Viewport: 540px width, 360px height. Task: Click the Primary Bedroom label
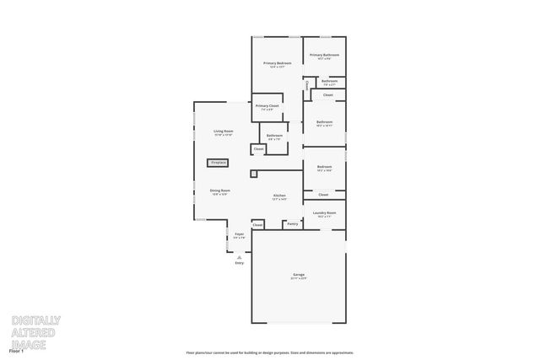coord(278,63)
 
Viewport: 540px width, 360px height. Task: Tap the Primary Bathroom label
coord(324,56)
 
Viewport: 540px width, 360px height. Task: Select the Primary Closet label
coord(267,106)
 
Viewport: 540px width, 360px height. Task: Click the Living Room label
coord(223,132)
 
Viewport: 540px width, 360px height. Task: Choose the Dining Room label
coord(220,191)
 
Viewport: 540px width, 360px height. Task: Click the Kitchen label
coord(279,196)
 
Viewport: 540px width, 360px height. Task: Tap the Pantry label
coord(292,224)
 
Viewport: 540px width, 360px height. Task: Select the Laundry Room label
coord(325,213)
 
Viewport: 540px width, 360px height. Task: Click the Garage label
coord(299,275)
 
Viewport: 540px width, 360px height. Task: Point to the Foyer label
coord(239,234)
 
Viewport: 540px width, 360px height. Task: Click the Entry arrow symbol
coord(239,256)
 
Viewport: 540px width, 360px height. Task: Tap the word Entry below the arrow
coord(239,263)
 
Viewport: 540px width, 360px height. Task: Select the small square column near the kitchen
coord(253,174)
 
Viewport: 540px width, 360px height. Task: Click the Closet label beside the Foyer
coord(258,225)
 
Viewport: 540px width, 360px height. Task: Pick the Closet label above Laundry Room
coord(324,195)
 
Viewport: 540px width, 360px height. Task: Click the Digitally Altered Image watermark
coord(35,331)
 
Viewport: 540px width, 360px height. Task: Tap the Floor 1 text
coord(15,349)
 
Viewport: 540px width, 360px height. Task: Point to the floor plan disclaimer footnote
coord(270,352)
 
